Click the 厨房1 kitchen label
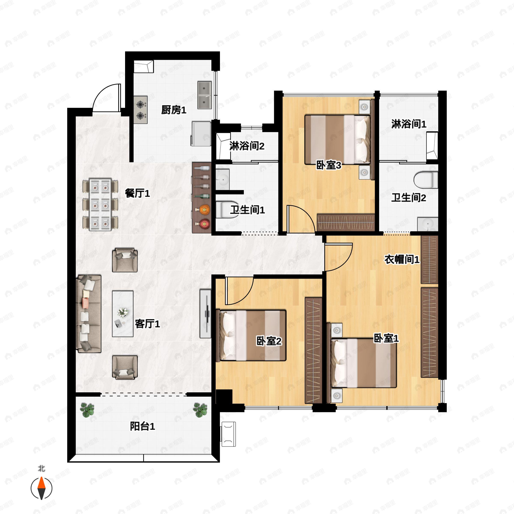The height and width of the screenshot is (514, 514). (173, 110)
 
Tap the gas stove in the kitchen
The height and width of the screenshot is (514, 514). (141, 110)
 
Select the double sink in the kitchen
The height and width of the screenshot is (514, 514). (204, 95)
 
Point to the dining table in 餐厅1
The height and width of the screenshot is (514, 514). (100, 204)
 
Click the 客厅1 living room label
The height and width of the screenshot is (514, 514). (147, 324)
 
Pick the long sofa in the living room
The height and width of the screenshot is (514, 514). (89, 314)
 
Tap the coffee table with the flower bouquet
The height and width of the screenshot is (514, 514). (123, 314)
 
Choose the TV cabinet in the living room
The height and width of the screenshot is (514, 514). (205, 314)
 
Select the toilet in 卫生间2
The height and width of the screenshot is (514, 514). (426, 180)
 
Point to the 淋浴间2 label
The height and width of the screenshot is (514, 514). (247, 146)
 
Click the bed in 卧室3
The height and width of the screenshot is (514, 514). (337, 140)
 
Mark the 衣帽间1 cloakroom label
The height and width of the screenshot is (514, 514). (402, 259)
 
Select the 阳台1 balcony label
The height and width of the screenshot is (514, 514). (142, 426)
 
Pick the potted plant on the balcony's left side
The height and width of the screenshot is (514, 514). (87, 410)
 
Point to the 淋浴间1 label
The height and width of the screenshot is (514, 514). (409, 124)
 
